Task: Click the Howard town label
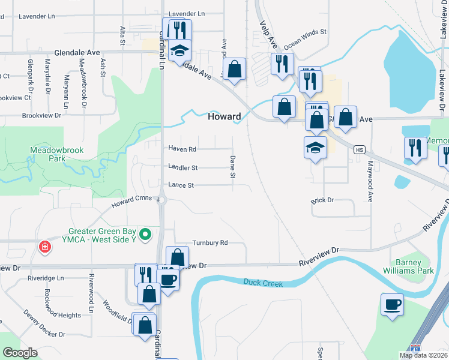click(x=224, y=117)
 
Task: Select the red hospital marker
click(x=44, y=247)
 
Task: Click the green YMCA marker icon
click(x=145, y=233)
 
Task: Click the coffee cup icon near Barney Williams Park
click(x=393, y=304)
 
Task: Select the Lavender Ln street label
click(x=187, y=13)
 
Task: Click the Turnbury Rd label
click(x=210, y=243)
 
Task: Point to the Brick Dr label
click(x=322, y=199)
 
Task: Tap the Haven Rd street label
click(x=182, y=149)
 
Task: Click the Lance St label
click(x=181, y=185)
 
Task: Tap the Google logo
click(x=20, y=353)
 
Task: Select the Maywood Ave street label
click(x=370, y=172)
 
